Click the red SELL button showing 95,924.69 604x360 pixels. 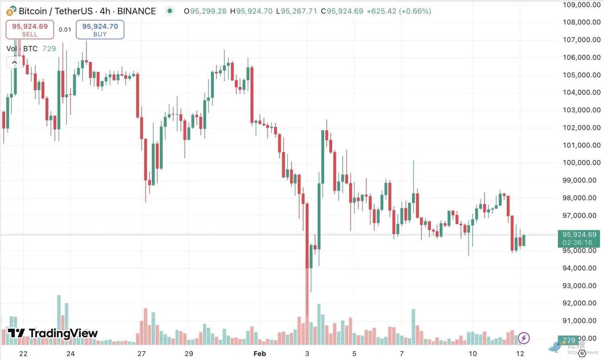click(30, 30)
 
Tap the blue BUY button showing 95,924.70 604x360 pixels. click(100, 30)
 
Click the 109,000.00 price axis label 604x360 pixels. click(581, 5)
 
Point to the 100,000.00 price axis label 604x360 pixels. click(581, 163)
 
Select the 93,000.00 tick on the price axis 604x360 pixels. click(579, 286)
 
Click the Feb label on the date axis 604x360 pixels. click(260, 354)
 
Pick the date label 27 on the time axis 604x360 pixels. click(141, 354)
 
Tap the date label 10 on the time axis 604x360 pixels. click(473, 354)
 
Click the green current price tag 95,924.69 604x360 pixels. click(579, 234)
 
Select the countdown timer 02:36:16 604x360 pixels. click(577, 242)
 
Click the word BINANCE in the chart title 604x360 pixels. click(137, 11)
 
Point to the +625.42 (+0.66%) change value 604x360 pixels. click(399, 11)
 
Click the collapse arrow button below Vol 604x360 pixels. click(14, 62)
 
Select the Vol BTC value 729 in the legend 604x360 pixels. click(49, 49)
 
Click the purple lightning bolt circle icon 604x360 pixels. click(523, 338)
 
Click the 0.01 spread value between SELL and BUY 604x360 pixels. click(65, 30)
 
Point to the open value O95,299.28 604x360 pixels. click(205, 11)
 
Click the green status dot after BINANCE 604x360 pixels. click(170, 11)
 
